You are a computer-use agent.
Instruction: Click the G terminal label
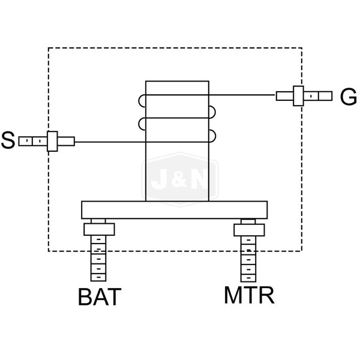point(348,96)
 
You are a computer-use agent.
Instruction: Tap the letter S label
point(8,142)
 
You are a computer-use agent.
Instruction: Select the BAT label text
point(100,297)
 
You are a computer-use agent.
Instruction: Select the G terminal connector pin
point(319,95)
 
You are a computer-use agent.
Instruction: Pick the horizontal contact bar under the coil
point(174,210)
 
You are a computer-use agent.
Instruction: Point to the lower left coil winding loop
point(142,124)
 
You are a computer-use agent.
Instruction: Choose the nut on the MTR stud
point(247,229)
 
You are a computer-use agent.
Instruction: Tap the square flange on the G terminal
point(298,95)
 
